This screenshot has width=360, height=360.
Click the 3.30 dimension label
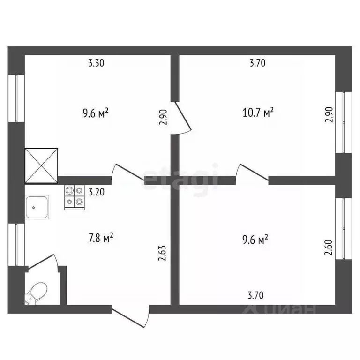point(97,64)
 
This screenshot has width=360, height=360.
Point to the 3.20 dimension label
point(96,192)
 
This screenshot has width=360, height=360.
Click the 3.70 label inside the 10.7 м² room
point(257,64)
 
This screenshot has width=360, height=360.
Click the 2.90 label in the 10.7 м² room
point(330,114)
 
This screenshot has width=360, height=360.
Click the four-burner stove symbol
point(75,197)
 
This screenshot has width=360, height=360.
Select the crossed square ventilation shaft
point(41,165)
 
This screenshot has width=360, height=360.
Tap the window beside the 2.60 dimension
point(346,229)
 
